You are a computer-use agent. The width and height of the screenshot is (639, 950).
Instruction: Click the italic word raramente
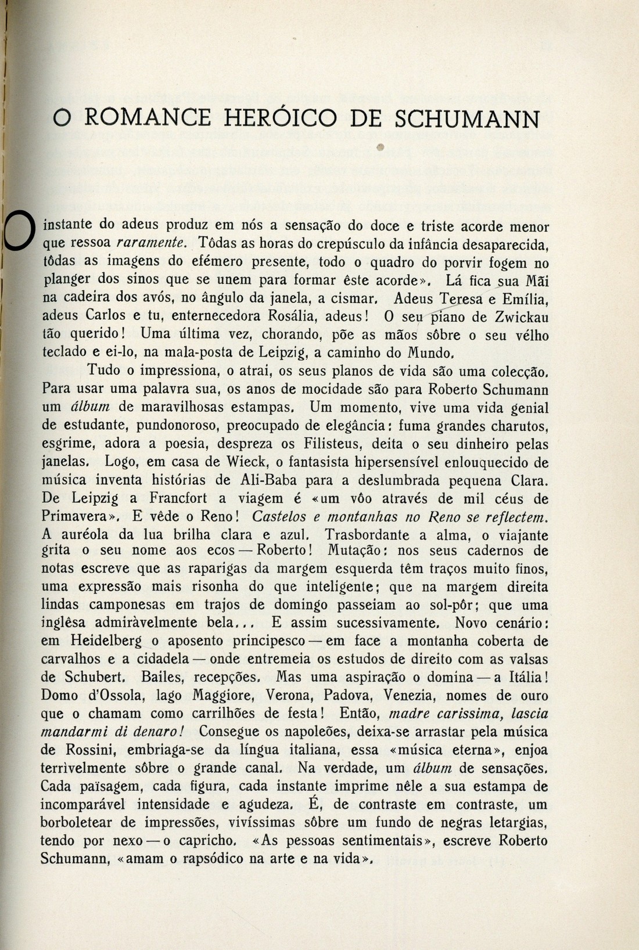pos(152,243)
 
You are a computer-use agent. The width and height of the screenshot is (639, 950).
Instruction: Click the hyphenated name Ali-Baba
pos(267,481)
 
